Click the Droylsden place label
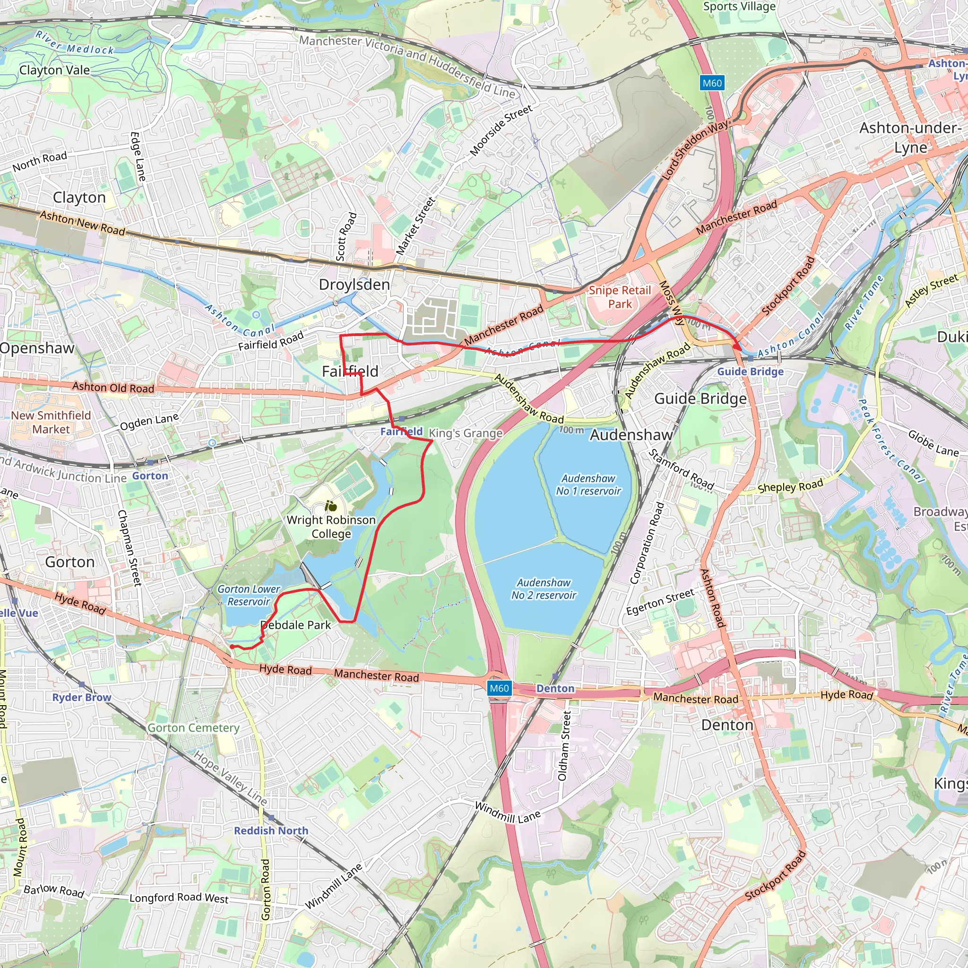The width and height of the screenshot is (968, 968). [x=354, y=285]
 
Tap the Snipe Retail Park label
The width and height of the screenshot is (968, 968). [x=620, y=297]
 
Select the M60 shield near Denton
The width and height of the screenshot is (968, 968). [x=499, y=688]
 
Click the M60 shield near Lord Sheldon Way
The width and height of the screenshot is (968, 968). [x=712, y=83]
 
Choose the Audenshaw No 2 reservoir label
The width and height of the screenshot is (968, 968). [x=544, y=589]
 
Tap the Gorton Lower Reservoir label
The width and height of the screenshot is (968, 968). [x=249, y=595]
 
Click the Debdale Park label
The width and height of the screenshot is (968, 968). [x=295, y=625]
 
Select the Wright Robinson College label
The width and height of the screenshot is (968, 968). [x=331, y=527]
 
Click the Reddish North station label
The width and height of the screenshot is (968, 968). [x=271, y=830]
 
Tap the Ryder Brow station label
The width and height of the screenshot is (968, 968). [x=82, y=697]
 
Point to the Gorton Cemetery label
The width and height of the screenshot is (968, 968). [x=193, y=727]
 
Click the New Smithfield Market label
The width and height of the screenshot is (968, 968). [x=51, y=422]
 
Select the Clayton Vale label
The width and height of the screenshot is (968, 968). [x=55, y=70]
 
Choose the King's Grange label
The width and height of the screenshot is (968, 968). [x=466, y=433]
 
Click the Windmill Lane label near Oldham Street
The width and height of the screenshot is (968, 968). [x=508, y=812]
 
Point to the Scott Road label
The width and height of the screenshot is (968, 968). [x=346, y=236]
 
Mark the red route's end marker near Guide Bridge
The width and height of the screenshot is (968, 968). [x=737, y=347]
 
